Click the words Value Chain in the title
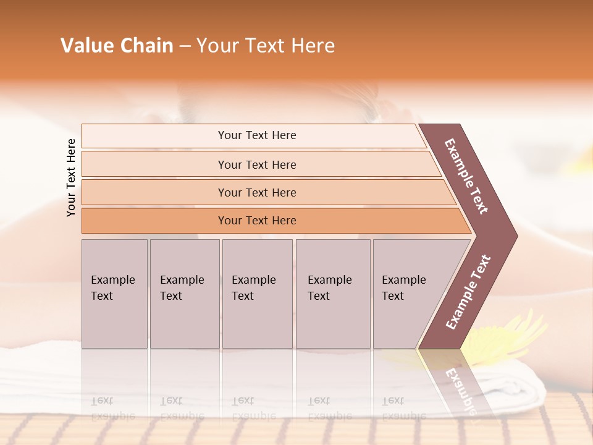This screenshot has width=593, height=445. [x=117, y=46]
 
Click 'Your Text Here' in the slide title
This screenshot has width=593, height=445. [x=266, y=46]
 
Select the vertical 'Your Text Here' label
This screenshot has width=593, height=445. [x=71, y=177]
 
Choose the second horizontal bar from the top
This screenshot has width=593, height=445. [x=256, y=164]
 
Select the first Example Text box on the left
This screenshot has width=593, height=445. [x=114, y=294]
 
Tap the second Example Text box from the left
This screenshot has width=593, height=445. [x=185, y=294]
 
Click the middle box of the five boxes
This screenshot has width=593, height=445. [x=257, y=294]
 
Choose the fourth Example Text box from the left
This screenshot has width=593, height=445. [x=333, y=294]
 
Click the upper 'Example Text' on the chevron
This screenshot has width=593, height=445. [x=466, y=176]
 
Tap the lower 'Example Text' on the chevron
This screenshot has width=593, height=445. [x=468, y=292]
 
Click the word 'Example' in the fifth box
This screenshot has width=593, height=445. [x=403, y=280]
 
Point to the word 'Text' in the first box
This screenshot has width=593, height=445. [x=102, y=296]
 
